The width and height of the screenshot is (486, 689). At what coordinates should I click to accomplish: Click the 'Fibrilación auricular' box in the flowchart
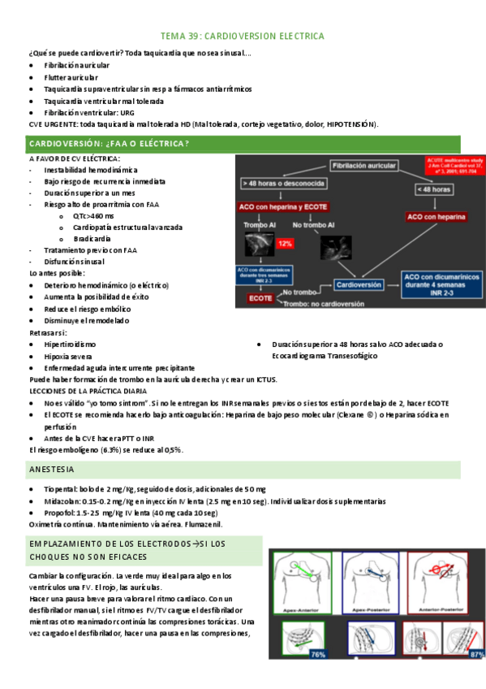(x=363, y=166)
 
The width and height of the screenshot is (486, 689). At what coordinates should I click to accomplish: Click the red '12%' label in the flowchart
(x=285, y=243)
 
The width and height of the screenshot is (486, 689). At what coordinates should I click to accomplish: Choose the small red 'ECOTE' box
(x=260, y=298)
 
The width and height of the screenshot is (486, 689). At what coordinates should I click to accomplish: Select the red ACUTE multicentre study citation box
(x=455, y=167)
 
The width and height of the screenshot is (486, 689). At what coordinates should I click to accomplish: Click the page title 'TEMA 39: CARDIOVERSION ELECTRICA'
(x=243, y=37)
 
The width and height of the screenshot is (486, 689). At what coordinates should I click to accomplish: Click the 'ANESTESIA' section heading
(x=53, y=470)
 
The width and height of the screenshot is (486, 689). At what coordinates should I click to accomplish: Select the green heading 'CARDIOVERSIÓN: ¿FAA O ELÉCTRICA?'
(x=110, y=144)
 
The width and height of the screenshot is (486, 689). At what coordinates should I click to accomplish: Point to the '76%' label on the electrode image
(x=317, y=654)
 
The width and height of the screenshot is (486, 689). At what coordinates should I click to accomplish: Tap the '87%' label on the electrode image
(x=478, y=653)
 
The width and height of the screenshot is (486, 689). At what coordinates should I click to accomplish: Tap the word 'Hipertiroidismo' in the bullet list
(x=70, y=344)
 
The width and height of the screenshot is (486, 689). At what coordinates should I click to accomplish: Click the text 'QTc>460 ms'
(x=93, y=216)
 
